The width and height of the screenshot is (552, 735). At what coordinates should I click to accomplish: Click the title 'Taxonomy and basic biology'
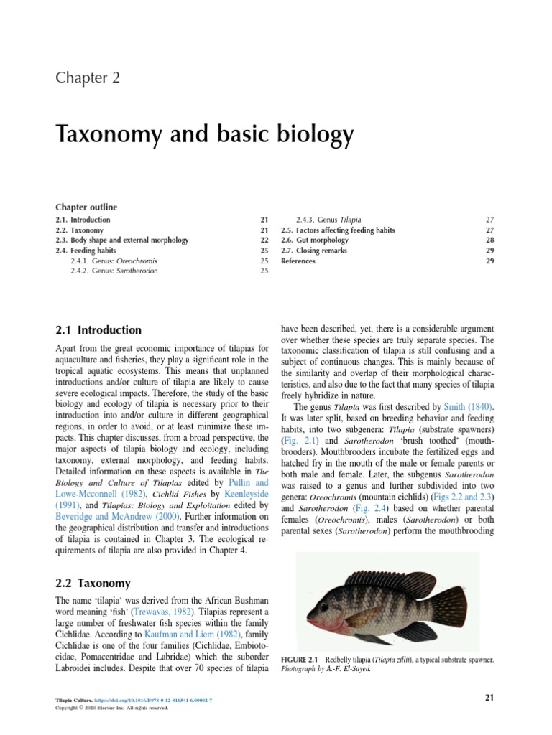(x=205, y=134)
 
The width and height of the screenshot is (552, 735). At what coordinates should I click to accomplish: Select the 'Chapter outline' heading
(x=86, y=207)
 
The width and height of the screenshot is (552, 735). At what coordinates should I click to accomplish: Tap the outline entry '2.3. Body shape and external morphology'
(x=122, y=240)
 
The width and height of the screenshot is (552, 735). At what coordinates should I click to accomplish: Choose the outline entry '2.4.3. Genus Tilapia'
(x=329, y=220)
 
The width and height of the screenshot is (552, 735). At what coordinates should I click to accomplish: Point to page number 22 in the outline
(x=264, y=240)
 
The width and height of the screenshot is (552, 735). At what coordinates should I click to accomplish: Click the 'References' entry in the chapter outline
(x=298, y=261)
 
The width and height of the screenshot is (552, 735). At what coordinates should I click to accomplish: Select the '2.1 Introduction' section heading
(x=98, y=330)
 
